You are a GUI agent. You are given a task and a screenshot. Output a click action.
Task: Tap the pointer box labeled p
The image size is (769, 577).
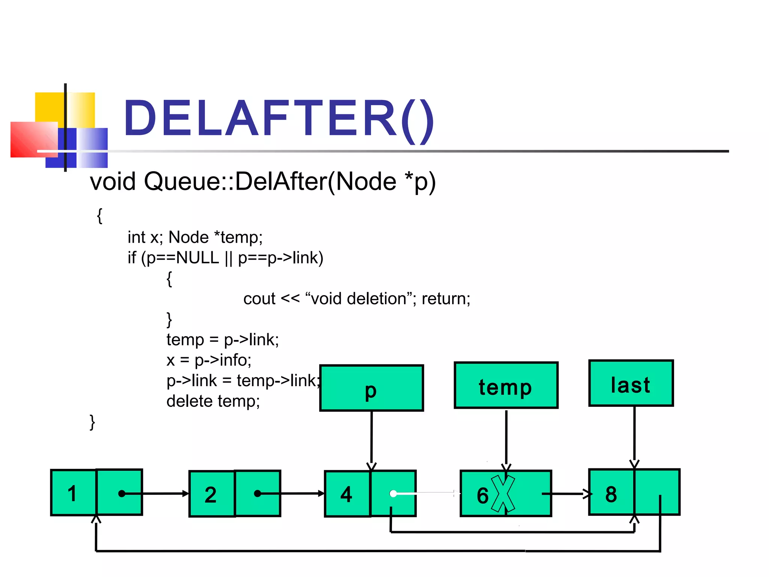click(x=371, y=388)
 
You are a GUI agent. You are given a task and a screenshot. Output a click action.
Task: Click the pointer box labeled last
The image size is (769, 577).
click(x=631, y=384)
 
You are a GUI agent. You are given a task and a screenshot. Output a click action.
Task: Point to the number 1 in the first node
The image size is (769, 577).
click(x=72, y=493)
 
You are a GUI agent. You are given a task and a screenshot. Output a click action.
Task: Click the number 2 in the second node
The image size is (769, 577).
click(x=211, y=494)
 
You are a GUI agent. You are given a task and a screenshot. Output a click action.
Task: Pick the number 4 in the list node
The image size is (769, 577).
click(x=346, y=494)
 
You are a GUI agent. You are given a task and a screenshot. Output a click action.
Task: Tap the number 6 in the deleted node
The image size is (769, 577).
click(x=483, y=495)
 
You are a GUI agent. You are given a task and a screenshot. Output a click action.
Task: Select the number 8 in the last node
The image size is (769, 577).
click(x=611, y=494)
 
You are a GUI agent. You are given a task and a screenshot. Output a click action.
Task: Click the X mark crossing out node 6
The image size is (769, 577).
click(x=503, y=494)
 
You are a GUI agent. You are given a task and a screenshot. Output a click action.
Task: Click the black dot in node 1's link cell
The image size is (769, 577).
click(x=122, y=494)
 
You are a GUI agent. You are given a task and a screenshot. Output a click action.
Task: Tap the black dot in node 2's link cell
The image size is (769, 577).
click(x=257, y=494)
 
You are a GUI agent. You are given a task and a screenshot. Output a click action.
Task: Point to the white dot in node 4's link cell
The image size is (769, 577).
click(x=393, y=494)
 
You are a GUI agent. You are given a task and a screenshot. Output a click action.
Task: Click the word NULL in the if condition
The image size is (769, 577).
click(x=197, y=258)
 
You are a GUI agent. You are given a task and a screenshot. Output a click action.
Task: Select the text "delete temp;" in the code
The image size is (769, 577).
click(x=213, y=401)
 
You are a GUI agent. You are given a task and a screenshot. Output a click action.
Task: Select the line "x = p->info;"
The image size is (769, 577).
click(x=209, y=360)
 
